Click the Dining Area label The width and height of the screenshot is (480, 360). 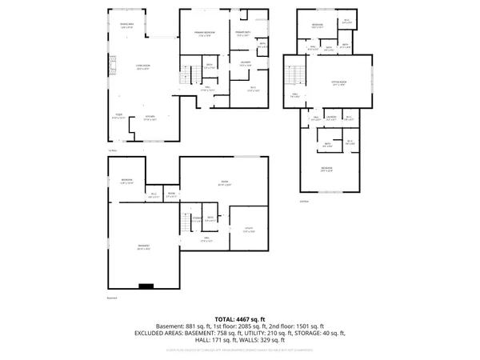[126, 26]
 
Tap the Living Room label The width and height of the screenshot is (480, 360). [142, 66]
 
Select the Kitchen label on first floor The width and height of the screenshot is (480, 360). [150, 118]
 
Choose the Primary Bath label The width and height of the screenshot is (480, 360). [244, 33]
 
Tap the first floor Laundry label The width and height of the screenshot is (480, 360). [246, 63]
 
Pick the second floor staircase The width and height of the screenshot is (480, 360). [298, 76]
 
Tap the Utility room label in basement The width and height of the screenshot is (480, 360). [248, 230]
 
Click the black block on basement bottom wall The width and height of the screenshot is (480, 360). [146, 285]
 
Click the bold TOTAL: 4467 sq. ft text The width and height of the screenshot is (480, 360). [240, 318]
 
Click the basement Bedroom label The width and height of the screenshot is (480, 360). [126, 182]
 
